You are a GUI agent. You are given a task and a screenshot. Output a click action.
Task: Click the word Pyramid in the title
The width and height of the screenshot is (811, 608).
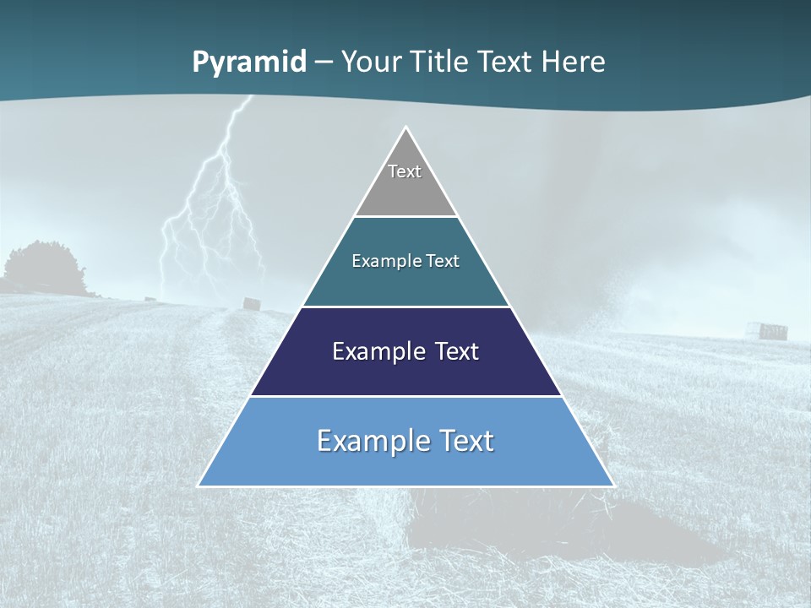(248, 62)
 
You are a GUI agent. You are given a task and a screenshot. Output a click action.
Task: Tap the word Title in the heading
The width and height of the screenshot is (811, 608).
(444, 62)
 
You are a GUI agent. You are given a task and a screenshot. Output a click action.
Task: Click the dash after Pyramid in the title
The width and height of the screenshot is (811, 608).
(324, 62)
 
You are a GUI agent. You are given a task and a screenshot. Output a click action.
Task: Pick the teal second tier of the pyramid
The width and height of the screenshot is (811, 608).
(405, 283)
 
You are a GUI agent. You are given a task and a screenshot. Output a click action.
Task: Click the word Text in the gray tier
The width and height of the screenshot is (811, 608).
(405, 171)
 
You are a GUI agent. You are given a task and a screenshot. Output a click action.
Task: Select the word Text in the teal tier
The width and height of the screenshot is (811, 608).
(444, 261)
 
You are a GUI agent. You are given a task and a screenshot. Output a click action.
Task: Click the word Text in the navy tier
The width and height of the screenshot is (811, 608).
(457, 351)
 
